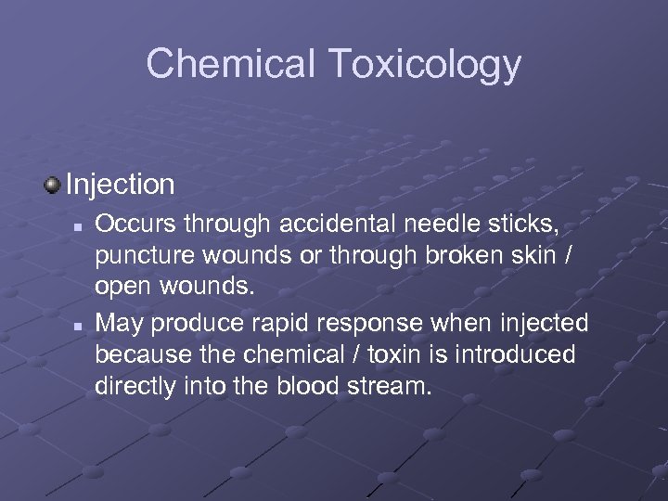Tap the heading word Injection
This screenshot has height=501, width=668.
(x=121, y=185)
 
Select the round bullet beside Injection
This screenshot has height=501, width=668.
(x=53, y=184)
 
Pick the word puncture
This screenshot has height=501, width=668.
(x=140, y=257)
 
